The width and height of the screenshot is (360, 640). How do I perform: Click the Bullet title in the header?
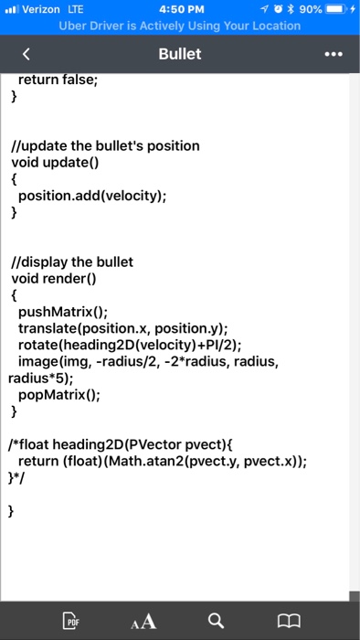[180, 54]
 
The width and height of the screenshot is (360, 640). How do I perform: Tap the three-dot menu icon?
[334, 54]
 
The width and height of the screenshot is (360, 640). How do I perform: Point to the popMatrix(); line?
[61, 394]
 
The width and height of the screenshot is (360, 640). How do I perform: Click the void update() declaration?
[54, 163]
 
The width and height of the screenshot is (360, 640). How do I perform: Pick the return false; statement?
[64, 80]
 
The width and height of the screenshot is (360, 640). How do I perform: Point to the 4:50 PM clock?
[179, 9]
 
